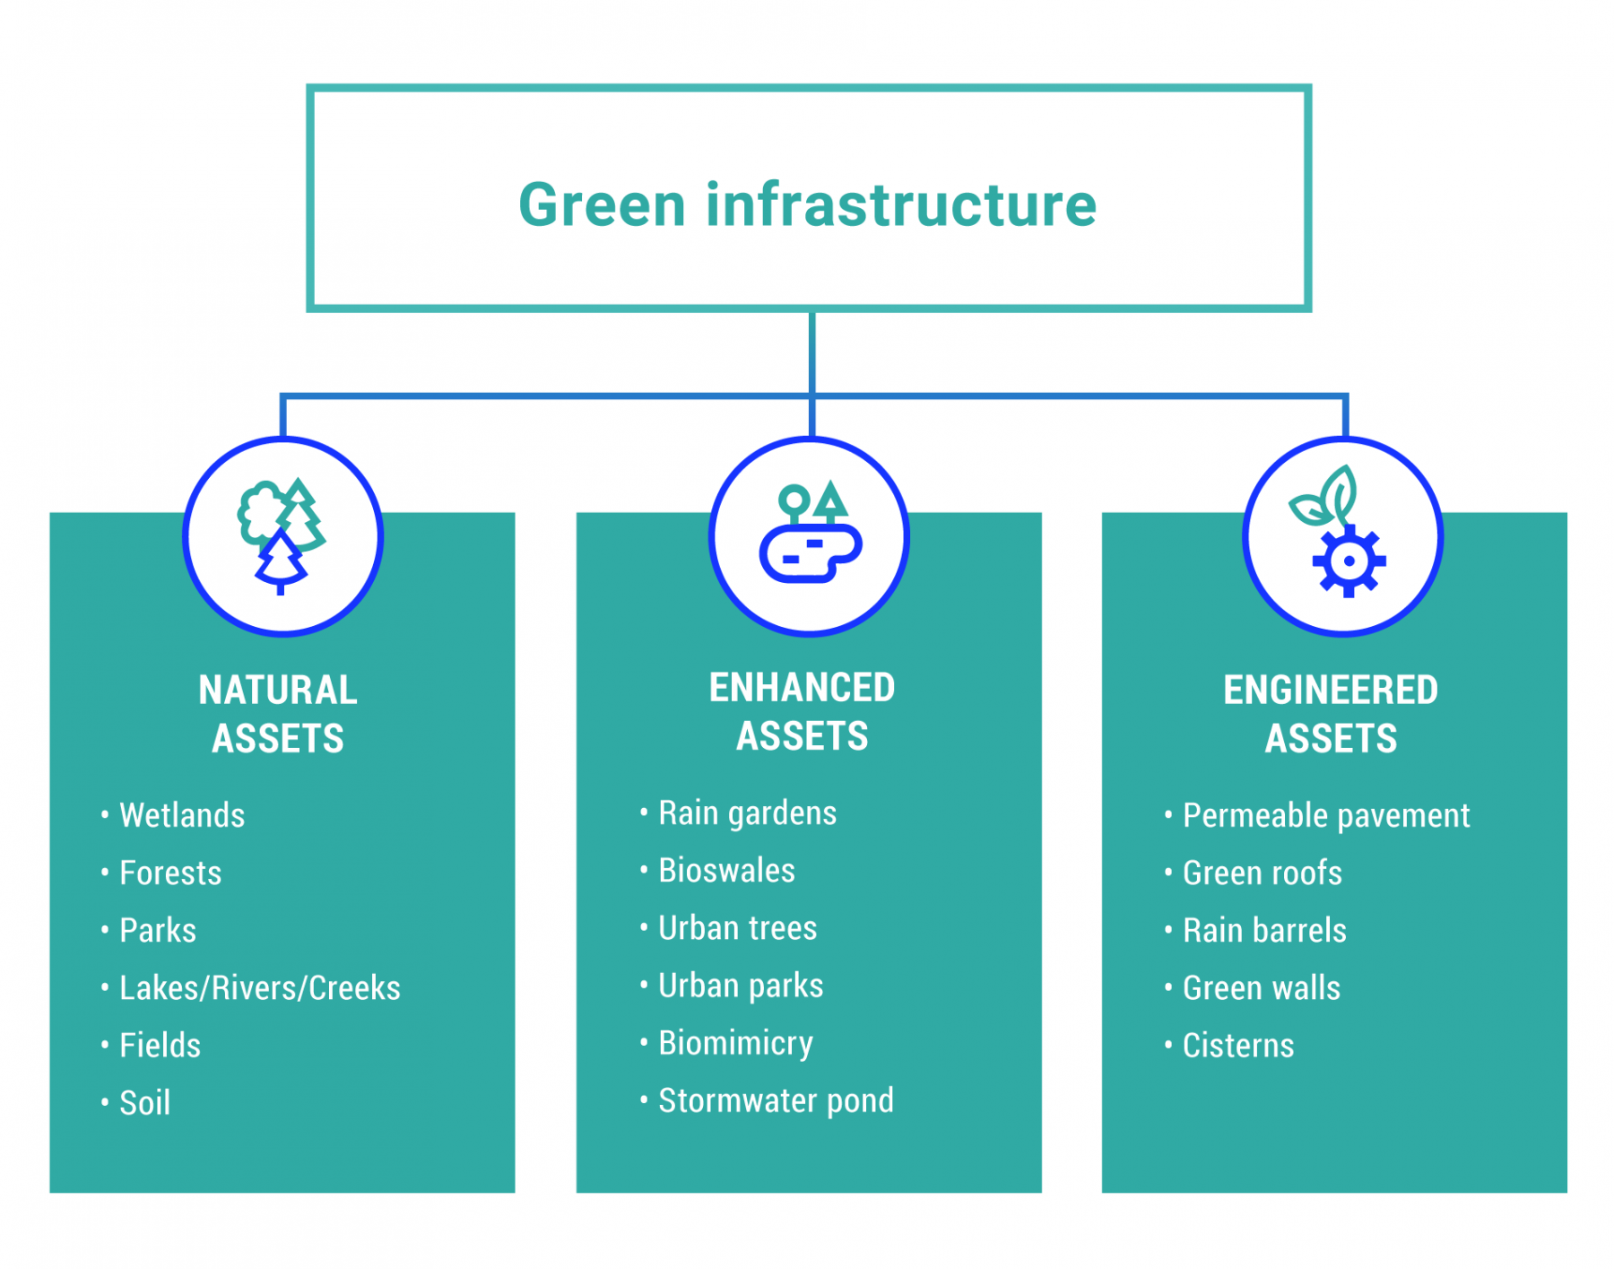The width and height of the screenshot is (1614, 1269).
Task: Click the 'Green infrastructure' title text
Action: (x=807, y=204)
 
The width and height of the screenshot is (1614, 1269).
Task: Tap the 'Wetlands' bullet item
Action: (x=182, y=815)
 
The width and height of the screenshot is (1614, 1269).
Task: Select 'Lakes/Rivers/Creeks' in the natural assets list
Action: (x=259, y=987)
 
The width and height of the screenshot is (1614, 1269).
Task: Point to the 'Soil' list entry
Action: (x=144, y=1102)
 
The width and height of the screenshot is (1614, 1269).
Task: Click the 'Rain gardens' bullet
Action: (x=747, y=813)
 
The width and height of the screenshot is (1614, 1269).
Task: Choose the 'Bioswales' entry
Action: (x=726, y=870)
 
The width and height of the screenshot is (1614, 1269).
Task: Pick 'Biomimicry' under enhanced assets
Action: (x=735, y=1043)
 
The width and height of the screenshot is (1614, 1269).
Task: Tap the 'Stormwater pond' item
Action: (x=776, y=1100)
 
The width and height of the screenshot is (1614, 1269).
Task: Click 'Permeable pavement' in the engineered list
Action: (x=1325, y=815)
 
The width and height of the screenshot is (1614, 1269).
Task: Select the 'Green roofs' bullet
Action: (x=1262, y=873)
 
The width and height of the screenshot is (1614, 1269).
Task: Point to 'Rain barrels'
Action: (x=1264, y=930)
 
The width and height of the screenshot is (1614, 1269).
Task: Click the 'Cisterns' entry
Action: (x=1238, y=1045)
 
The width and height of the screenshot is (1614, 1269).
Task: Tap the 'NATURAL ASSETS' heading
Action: (x=278, y=714)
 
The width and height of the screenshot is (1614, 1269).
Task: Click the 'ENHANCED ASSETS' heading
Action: (x=802, y=711)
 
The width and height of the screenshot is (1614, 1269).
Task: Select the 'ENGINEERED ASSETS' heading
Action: (x=1331, y=714)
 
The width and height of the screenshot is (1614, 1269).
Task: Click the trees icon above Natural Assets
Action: (x=282, y=535)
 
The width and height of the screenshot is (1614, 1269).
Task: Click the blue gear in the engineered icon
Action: (x=1349, y=561)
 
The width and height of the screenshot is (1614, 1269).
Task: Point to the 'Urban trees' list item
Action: (x=737, y=927)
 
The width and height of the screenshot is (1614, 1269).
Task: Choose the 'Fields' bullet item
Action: (x=160, y=1045)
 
